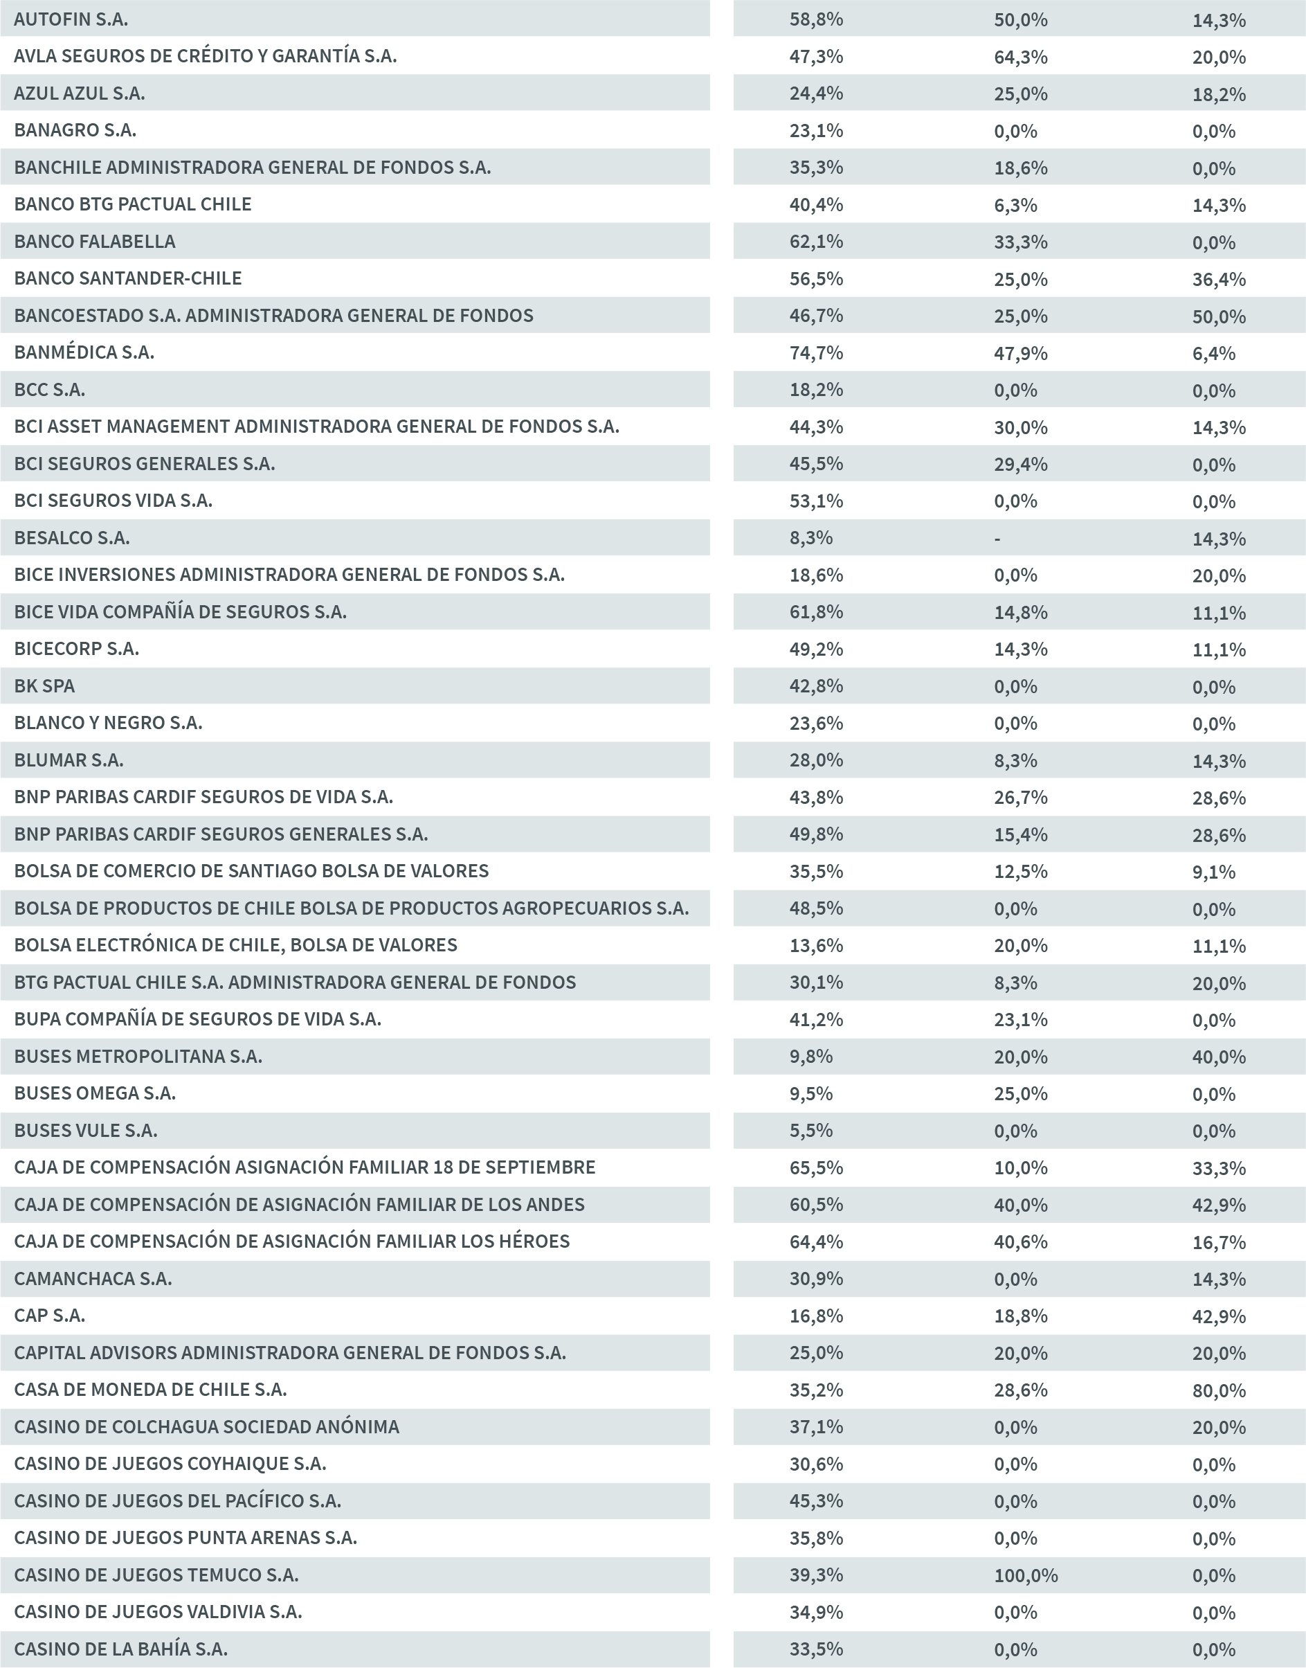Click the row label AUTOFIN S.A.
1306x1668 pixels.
coord(71,19)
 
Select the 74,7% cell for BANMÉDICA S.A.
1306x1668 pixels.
coord(816,352)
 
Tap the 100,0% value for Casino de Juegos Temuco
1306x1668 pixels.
coord(1026,1575)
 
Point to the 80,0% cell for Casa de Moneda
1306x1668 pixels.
coord(1218,1390)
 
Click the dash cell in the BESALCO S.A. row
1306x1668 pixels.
coord(997,539)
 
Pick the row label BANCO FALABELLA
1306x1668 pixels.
coord(95,242)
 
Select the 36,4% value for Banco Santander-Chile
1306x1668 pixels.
coord(1218,279)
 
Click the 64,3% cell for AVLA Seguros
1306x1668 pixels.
coord(1020,57)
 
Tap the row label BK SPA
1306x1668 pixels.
coord(44,686)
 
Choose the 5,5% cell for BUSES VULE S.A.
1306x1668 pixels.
coord(810,1131)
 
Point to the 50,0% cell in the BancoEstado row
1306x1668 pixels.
coord(1218,316)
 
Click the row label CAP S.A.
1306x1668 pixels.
coord(50,1316)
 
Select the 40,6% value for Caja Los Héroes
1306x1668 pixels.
coord(1020,1241)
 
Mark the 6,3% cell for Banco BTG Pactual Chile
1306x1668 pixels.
coord(1015,205)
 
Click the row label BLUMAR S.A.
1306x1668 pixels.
coord(69,760)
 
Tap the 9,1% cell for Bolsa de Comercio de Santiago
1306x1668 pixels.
coord(1213,872)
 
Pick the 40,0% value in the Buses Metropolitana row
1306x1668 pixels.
coord(1218,1057)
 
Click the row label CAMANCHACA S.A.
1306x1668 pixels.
coord(93,1279)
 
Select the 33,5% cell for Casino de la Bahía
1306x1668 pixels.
coord(816,1649)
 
